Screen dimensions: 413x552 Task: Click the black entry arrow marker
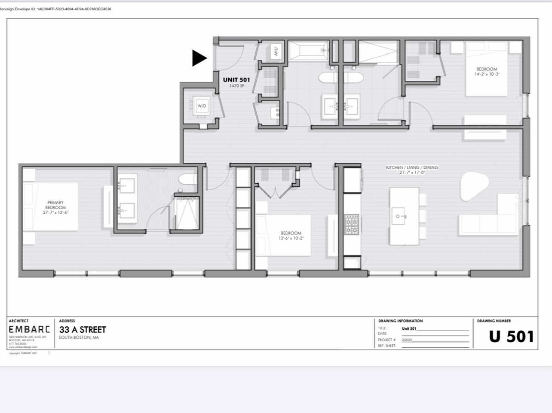point(199,58)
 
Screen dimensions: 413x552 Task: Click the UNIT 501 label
point(236,80)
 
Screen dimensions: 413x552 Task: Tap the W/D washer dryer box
point(202,106)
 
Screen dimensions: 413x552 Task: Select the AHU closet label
point(276,52)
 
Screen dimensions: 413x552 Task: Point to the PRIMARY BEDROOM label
point(55,205)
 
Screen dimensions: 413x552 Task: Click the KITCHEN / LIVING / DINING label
point(412,167)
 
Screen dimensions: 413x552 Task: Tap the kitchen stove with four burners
point(352,225)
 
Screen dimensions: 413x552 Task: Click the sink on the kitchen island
point(399,216)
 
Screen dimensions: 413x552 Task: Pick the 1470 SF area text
point(236,86)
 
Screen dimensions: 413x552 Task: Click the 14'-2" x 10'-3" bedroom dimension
point(487,74)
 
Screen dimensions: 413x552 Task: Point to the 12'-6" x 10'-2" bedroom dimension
point(291,238)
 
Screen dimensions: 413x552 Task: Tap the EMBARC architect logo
point(29,330)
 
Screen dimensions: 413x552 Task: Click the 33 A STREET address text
point(83,330)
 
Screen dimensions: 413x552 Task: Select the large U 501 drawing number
point(511,337)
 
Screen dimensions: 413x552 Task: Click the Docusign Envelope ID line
point(56,9)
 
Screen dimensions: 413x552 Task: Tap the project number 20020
point(407,340)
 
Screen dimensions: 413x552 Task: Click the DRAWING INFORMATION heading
point(400,321)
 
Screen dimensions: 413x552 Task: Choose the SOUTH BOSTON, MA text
point(79,337)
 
